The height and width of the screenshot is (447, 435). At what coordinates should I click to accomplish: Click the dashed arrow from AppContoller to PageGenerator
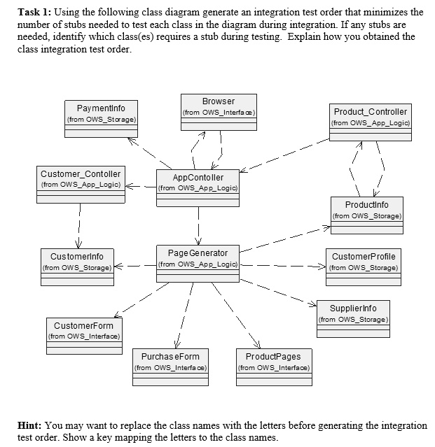tap(198, 224)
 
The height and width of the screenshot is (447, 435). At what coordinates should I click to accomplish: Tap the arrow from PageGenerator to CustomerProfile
tap(284, 267)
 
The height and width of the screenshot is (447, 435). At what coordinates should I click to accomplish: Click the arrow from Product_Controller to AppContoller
tap(284, 155)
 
